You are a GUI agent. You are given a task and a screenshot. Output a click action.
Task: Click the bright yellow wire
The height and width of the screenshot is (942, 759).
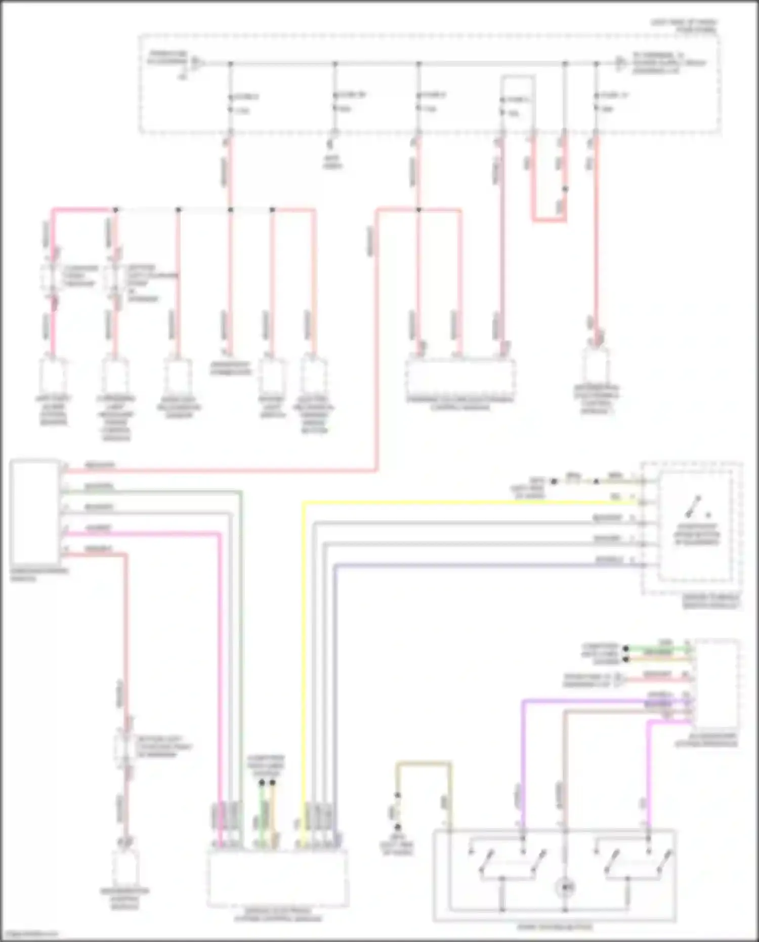455,502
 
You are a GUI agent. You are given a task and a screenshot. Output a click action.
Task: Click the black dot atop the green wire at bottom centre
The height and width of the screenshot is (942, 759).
262,783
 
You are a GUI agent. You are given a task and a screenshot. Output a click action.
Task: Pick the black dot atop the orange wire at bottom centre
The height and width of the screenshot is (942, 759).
273,783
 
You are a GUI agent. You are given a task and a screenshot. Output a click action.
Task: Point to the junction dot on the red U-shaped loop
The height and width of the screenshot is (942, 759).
565,189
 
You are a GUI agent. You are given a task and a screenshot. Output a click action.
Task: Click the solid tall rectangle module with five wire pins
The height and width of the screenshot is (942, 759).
34,511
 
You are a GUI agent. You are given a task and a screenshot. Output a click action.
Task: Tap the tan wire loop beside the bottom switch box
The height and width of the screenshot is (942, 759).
424,763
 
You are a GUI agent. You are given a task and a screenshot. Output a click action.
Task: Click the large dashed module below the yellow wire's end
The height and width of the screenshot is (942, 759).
277,879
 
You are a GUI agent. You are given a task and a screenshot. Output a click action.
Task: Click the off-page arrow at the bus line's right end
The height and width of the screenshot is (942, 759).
620,63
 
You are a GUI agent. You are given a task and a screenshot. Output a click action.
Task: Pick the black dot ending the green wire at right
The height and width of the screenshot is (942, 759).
626,648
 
